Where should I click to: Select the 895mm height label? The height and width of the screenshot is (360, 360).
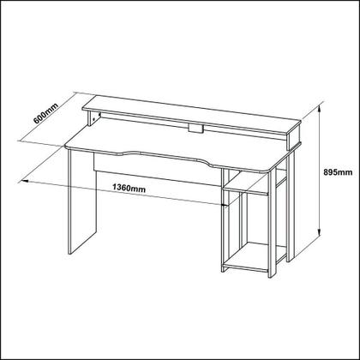coord(341,171)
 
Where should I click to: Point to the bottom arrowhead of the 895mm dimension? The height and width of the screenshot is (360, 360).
coord(320,234)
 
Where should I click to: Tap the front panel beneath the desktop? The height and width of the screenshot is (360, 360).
coord(154,169)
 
